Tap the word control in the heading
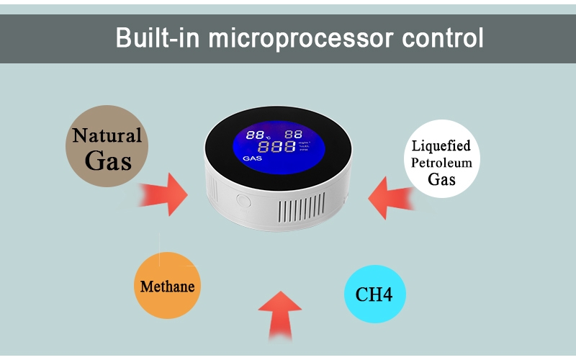pos(444,37)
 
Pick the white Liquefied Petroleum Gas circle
pos(441,159)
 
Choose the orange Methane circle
pos(168,286)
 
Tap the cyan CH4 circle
pos(374,294)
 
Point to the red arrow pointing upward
pos(281,313)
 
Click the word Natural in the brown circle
pos(107,135)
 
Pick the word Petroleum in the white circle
pos(441,163)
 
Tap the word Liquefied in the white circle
pos(442,147)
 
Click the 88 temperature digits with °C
pos(256,135)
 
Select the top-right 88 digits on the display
pos(293,135)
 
